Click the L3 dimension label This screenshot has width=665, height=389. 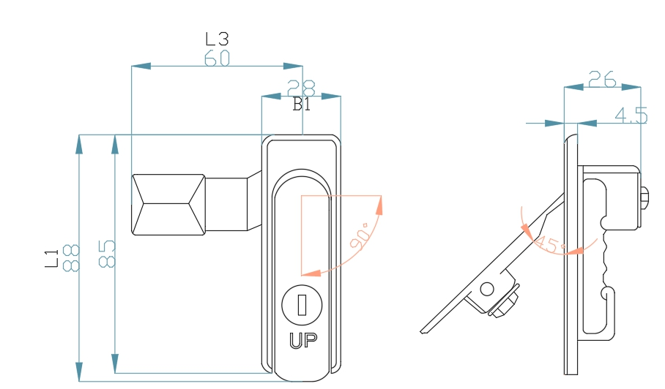pyautogui.click(x=217, y=39)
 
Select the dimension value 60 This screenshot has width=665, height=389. pyautogui.click(x=217, y=58)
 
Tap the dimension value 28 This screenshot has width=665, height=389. pyautogui.click(x=301, y=88)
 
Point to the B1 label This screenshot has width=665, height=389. pyautogui.click(x=302, y=105)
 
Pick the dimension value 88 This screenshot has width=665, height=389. pyautogui.click(x=71, y=258)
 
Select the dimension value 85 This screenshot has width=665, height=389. pyautogui.click(x=106, y=254)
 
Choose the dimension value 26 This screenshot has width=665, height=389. pyautogui.click(x=601, y=80)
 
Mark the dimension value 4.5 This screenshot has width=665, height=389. pyautogui.click(x=631, y=116)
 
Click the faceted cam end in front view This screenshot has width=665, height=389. pyautogui.click(x=168, y=205)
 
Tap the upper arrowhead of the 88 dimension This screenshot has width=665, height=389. pyautogui.click(x=79, y=143)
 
